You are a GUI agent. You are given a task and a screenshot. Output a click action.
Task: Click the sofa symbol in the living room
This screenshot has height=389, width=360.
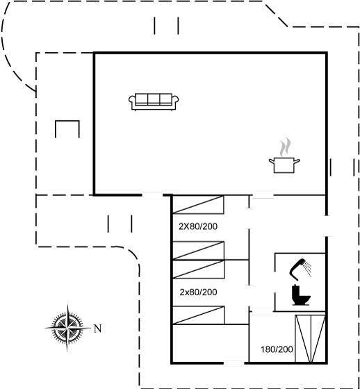pyautogui.click(x=154, y=101)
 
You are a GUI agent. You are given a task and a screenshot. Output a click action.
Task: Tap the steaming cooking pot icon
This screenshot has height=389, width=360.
pyautogui.click(x=284, y=156)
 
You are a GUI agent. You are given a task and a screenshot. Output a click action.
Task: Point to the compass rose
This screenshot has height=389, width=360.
pyautogui.click(x=67, y=328)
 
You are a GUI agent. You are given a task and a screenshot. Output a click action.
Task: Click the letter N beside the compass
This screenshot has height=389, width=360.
pyautogui.click(x=97, y=329)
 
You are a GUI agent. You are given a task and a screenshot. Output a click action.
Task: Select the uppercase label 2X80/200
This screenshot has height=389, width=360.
pyautogui.click(x=198, y=226)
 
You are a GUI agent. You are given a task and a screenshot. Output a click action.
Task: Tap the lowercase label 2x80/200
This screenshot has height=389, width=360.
pyautogui.click(x=198, y=292)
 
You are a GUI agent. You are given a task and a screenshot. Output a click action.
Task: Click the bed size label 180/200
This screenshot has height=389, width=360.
pyautogui.click(x=277, y=349)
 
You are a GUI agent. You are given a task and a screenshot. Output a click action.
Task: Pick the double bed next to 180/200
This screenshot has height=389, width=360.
pyautogui.click(x=310, y=339)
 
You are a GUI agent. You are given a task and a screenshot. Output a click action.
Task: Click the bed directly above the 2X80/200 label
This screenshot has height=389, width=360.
pyautogui.click(x=198, y=205)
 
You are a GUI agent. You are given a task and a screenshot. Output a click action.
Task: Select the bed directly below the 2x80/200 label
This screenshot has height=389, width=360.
pyautogui.click(x=198, y=315)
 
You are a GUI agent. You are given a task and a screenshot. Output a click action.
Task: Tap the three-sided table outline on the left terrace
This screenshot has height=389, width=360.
pyautogui.click(x=67, y=121)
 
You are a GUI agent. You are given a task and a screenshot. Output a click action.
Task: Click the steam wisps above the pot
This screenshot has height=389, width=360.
pyautogui.click(x=285, y=147)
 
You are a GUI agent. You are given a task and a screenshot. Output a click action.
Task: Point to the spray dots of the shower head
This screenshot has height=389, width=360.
pyautogui.click(x=308, y=270)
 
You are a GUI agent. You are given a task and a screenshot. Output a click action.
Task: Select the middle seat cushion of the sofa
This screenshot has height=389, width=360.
pyautogui.click(x=154, y=99)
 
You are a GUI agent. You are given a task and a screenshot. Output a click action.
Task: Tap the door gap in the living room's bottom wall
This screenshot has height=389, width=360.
pyautogui.click(x=152, y=195)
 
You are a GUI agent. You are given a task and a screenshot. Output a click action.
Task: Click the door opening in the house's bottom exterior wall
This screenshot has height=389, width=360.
pyautogui.click(x=234, y=363)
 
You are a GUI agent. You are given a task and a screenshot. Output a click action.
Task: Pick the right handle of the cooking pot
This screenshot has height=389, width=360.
pyautogui.click(x=297, y=161)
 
